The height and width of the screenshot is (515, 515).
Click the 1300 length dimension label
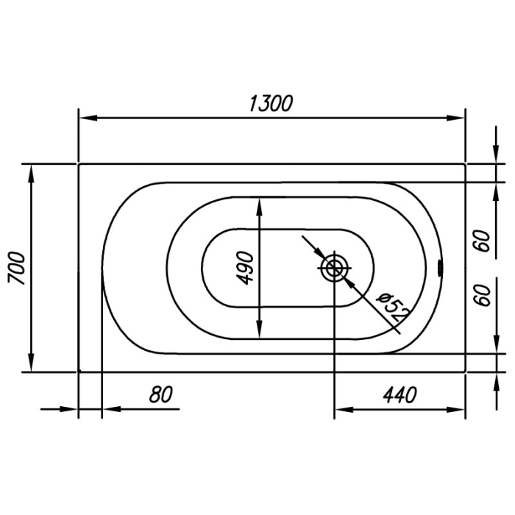click(271, 104)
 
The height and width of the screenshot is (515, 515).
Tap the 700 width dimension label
click(16, 268)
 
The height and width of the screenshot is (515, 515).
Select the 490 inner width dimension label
click(245, 268)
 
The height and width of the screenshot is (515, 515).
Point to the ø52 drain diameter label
click(393, 307)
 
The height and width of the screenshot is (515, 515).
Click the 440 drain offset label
click(399, 395)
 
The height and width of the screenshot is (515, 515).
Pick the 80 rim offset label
click(160, 394)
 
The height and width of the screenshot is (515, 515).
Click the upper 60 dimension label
click(483, 241)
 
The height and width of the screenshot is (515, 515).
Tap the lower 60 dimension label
click(483, 295)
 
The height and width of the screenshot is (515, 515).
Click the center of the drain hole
click(334, 269)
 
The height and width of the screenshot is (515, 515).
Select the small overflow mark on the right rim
click(439, 267)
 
